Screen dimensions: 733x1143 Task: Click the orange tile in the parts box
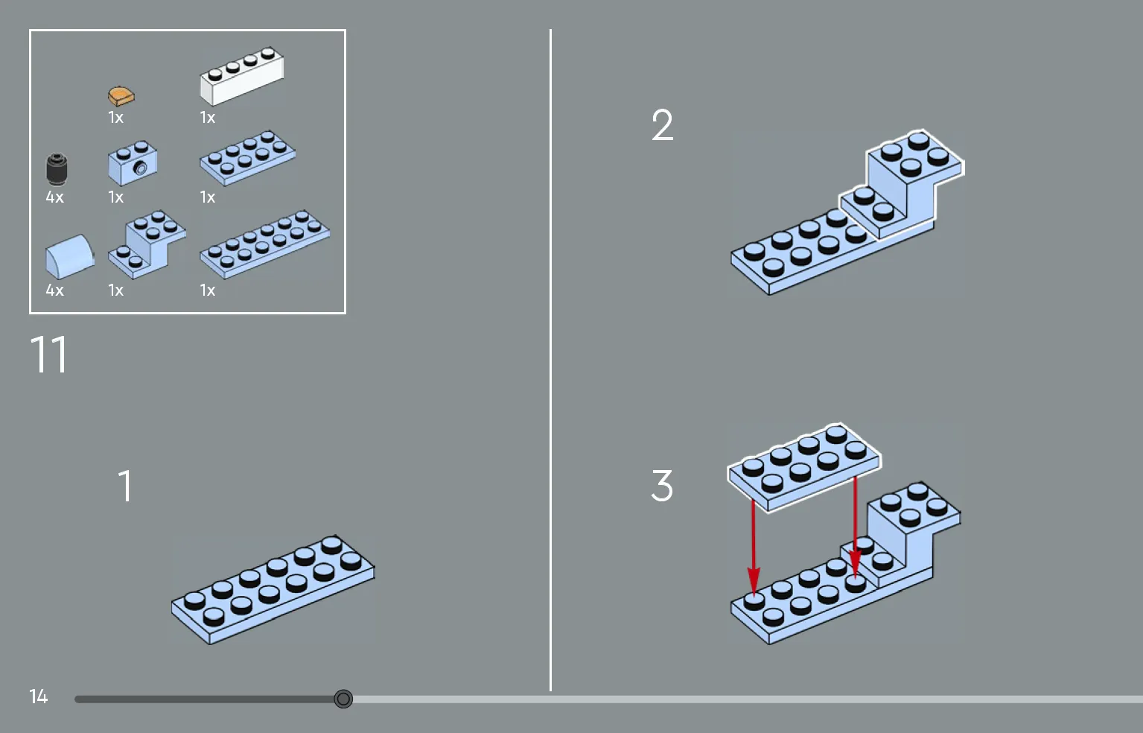click(x=121, y=95)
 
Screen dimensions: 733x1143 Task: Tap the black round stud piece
click(x=57, y=168)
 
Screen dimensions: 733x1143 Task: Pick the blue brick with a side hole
click(x=133, y=163)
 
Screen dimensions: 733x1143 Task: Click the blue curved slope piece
click(x=69, y=256)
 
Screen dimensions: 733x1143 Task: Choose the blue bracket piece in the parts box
click(x=147, y=242)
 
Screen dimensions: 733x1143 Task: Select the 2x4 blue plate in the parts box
click(x=247, y=157)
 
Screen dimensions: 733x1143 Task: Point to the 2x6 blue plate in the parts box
click(x=264, y=244)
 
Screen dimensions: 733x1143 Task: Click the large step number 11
click(x=49, y=355)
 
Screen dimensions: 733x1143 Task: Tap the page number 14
click(x=39, y=696)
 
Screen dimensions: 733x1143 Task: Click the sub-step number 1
click(x=125, y=486)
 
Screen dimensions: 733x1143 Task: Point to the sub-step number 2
click(x=662, y=125)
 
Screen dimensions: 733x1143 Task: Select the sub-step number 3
click(x=662, y=486)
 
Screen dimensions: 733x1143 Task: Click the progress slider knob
click(x=343, y=699)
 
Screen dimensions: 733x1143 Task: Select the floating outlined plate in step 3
click(x=804, y=466)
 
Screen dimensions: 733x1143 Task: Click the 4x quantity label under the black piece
click(x=55, y=197)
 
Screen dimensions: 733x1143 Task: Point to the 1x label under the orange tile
click(x=115, y=118)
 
